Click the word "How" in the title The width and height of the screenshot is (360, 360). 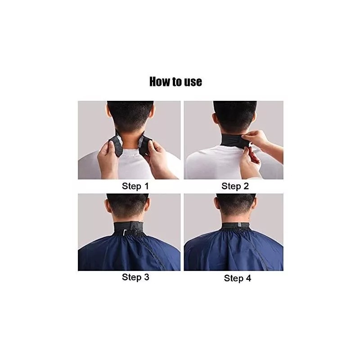pos(160,81)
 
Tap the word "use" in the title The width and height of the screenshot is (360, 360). pos(192,82)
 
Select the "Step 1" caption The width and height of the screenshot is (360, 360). pos(135,185)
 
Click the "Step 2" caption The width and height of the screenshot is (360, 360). pos(234,186)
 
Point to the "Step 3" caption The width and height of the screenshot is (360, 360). pos(135,277)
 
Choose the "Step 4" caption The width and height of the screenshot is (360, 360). pos(238,278)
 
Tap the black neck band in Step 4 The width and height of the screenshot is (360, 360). pos(236,225)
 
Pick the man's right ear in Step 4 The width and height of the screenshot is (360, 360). pos(255,205)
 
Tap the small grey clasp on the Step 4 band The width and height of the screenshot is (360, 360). pos(240,225)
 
